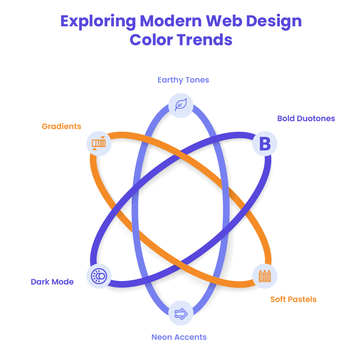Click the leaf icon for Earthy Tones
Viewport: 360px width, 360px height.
click(x=181, y=105)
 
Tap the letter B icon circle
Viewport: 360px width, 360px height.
click(x=265, y=144)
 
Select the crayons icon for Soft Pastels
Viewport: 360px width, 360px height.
click(x=265, y=276)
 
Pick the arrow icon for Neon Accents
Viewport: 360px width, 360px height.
click(x=181, y=313)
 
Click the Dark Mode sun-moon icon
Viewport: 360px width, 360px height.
click(x=99, y=276)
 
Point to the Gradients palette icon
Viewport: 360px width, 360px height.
click(x=99, y=144)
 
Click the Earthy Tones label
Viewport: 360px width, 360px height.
click(x=183, y=80)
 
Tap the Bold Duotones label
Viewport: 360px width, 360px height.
click(x=306, y=119)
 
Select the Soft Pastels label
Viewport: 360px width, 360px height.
click(x=293, y=299)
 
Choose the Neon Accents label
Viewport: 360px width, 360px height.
click(x=179, y=337)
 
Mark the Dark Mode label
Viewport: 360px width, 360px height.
click(x=52, y=282)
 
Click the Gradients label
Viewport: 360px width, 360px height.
click(x=61, y=126)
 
